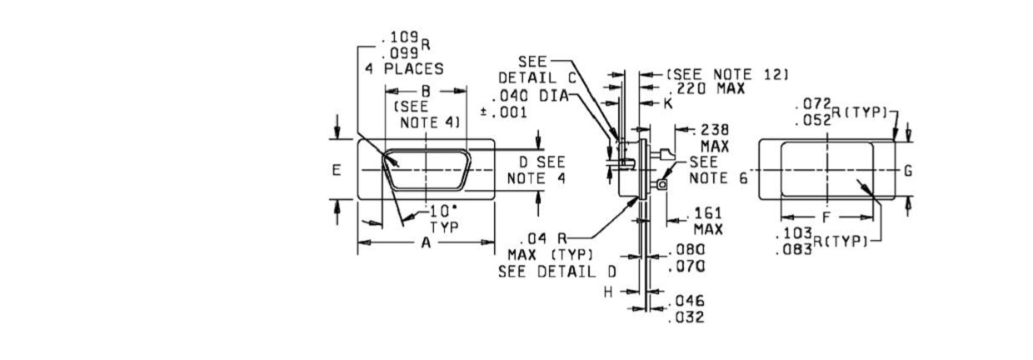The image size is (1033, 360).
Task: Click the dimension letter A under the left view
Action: (x=426, y=242)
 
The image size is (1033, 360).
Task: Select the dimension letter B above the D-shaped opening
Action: (x=426, y=91)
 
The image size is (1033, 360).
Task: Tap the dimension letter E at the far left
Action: (x=337, y=170)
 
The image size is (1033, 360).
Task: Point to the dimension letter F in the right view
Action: (x=826, y=217)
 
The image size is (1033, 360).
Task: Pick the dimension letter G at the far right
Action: (x=908, y=171)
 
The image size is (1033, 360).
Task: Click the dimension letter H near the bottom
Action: (x=608, y=292)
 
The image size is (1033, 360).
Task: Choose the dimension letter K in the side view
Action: (x=668, y=103)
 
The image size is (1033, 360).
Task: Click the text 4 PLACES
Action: (x=404, y=69)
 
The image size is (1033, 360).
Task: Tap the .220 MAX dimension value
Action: (x=706, y=88)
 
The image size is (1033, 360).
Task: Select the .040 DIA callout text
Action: (x=530, y=96)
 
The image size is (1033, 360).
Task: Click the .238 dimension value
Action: (x=711, y=130)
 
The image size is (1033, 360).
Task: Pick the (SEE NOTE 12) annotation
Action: (x=727, y=74)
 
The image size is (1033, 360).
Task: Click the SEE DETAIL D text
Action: (x=557, y=272)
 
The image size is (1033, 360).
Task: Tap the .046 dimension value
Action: (x=686, y=301)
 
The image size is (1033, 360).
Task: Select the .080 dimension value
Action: (x=686, y=250)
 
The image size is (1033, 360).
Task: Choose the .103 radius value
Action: (x=794, y=233)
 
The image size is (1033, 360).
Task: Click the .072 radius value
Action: (x=813, y=103)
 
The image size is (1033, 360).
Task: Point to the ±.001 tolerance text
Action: (x=503, y=112)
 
